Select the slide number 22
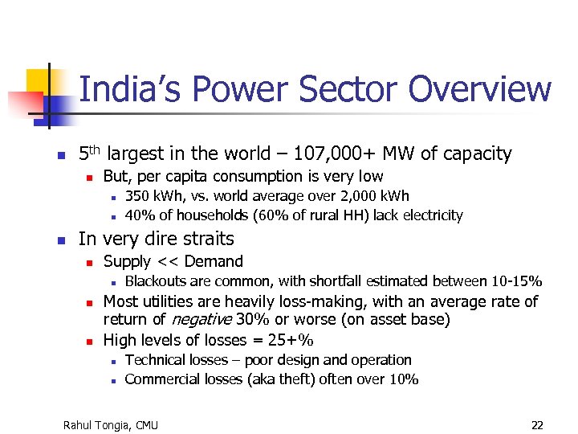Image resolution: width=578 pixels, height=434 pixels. [x=537, y=424]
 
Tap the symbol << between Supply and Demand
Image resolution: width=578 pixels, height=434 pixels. [x=168, y=261]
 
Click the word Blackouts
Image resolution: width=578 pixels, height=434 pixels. [x=157, y=281]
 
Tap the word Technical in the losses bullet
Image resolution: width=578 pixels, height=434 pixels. [x=156, y=360]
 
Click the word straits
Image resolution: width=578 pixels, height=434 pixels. [x=207, y=239]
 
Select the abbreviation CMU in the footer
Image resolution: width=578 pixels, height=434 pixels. [x=146, y=424]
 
